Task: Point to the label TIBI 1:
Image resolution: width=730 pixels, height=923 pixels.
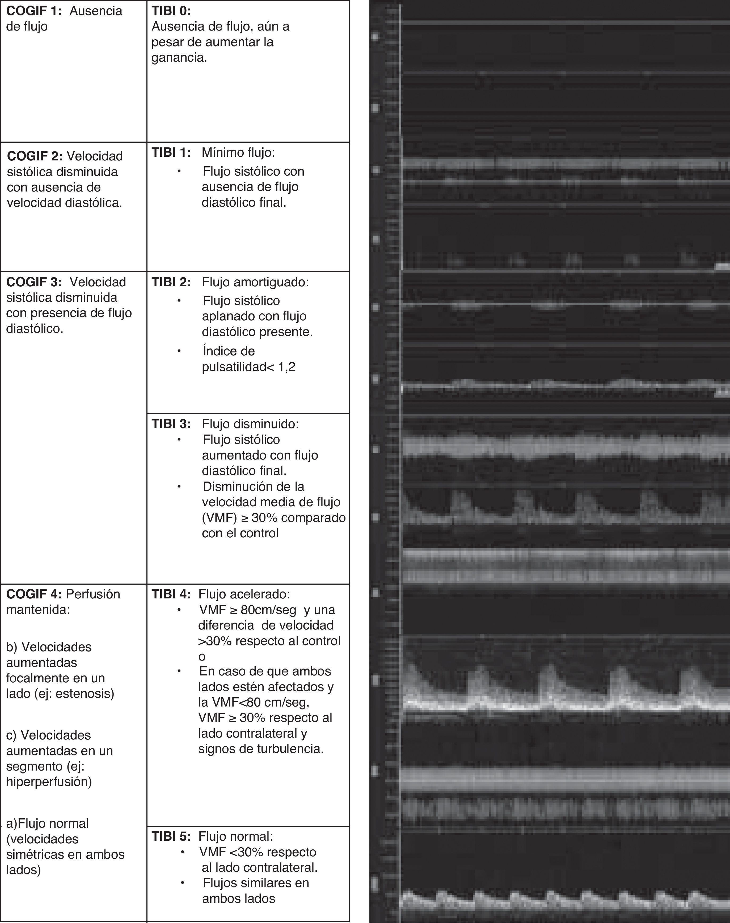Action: (171, 152)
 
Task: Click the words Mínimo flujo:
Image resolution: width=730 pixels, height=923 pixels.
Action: (238, 152)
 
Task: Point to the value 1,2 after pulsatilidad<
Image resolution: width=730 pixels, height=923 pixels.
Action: (286, 367)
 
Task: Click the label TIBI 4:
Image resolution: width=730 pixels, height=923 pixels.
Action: (171, 594)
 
